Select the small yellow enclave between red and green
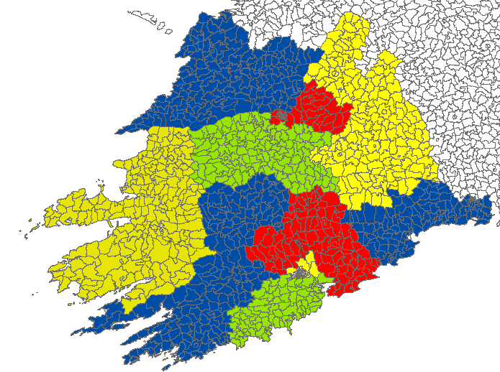[x=309, y=264]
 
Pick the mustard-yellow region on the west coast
[x=144, y=208]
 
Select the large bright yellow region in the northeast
[x=381, y=136]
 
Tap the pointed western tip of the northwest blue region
[x=119, y=132]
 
